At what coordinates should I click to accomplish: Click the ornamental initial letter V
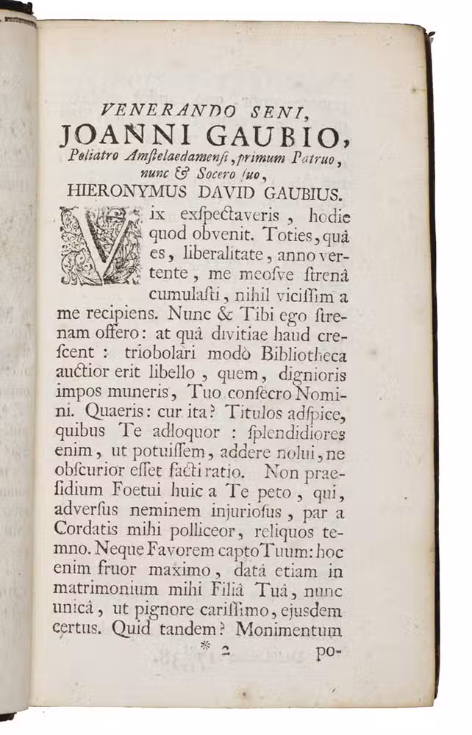(x=100, y=245)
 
